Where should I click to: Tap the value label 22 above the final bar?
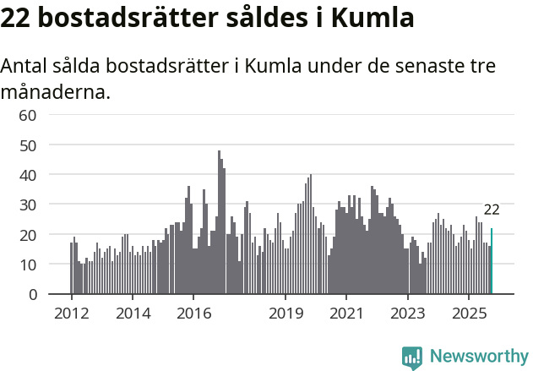(x=492, y=210)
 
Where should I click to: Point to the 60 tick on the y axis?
(x=28, y=115)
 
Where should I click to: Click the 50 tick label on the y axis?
(x=28, y=145)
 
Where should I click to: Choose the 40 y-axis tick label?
(x=28, y=175)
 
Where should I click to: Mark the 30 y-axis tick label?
(x=28, y=205)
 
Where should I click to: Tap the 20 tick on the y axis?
(x=28, y=235)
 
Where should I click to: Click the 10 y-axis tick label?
(x=28, y=265)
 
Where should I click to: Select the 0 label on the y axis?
(x=33, y=294)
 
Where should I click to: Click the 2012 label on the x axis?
(x=71, y=313)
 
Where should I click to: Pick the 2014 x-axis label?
(x=132, y=313)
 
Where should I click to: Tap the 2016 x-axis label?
(x=193, y=313)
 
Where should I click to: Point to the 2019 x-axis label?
(x=286, y=313)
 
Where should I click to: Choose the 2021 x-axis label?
(x=346, y=313)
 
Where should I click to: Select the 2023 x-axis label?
(x=408, y=313)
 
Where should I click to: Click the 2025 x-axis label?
(x=469, y=313)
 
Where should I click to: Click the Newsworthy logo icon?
(x=412, y=357)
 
